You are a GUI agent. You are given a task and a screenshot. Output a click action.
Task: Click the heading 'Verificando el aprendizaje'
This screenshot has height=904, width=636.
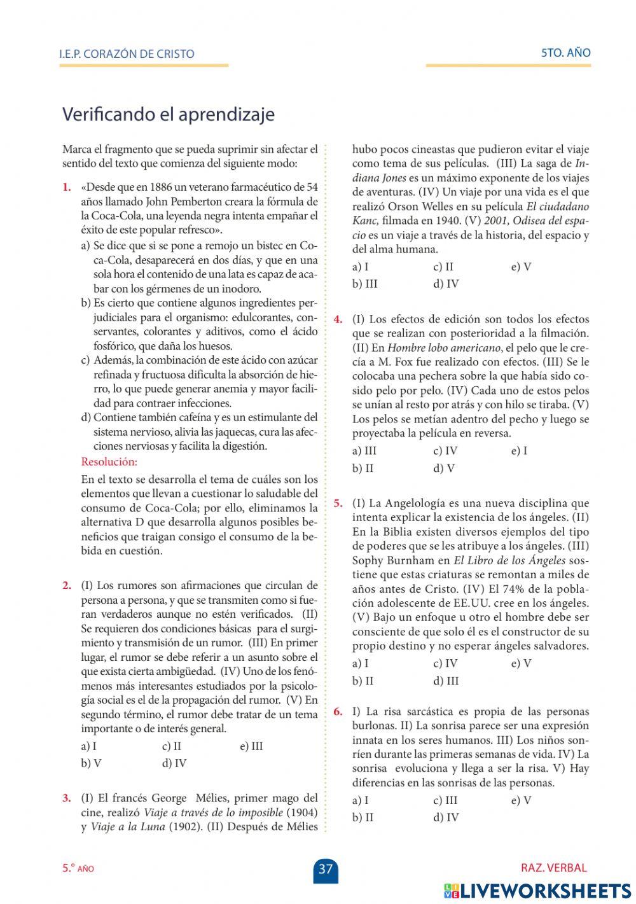point(168,115)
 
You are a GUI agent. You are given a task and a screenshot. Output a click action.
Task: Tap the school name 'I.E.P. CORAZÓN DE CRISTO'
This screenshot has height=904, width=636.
point(127,53)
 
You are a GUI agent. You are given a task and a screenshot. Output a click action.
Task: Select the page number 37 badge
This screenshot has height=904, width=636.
point(326,869)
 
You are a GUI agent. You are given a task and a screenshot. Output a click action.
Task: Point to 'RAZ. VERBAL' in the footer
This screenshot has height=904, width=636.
point(553,868)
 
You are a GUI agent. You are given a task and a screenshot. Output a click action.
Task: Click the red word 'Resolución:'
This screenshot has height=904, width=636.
point(109,462)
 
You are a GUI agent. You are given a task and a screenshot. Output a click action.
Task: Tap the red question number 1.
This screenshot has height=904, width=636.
point(66,188)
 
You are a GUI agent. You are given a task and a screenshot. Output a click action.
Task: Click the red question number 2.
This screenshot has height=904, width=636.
point(66,586)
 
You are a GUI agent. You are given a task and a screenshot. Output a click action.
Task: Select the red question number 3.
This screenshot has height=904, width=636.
point(66,798)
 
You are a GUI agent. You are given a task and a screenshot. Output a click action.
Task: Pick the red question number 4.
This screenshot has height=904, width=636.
point(338,319)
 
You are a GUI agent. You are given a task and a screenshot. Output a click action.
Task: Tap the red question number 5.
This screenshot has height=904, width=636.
point(338,504)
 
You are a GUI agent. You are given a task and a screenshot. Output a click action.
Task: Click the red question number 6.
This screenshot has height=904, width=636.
point(338,712)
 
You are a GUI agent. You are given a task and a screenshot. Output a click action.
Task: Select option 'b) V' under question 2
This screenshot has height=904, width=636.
point(91,763)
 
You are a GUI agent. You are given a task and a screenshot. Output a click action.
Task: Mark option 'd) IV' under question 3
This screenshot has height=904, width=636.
point(446,284)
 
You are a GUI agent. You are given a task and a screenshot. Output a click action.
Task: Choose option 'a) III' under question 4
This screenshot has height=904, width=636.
point(364,451)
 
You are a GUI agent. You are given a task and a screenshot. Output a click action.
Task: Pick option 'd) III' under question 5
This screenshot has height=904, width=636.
point(446,681)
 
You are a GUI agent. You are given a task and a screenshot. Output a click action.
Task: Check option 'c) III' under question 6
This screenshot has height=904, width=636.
point(445,800)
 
